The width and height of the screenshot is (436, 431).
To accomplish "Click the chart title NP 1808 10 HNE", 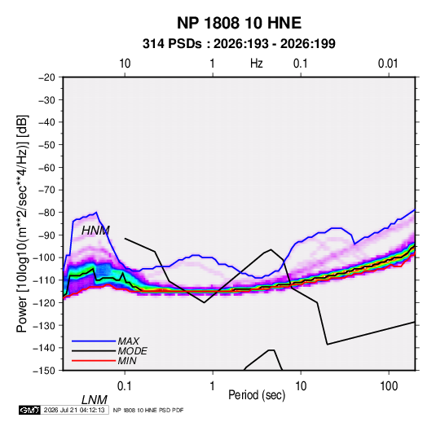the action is (x=239, y=23).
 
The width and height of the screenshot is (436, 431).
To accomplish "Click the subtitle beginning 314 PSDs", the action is (x=239, y=44).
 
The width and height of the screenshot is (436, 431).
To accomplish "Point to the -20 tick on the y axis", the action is (x=46, y=77).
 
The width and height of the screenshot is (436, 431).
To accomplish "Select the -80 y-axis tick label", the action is (x=46, y=213).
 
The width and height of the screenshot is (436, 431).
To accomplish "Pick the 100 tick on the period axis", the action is (x=389, y=386).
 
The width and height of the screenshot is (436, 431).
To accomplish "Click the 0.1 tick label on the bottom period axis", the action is (x=125, y=386).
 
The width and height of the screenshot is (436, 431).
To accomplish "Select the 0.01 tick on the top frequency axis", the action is (x=388, y=64).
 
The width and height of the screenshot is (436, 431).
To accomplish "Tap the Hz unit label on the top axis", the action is (x=257, y=64).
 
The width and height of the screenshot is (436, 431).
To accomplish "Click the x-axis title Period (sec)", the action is (x=257, y=395).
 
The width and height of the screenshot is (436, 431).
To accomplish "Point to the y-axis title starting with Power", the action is (x=22, y=224).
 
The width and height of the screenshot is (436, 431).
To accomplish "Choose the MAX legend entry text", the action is (x=129, y=341).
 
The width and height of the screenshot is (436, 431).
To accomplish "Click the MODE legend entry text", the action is (x=132, y=351).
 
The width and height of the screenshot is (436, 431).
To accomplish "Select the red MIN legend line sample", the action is (x=94, y=361).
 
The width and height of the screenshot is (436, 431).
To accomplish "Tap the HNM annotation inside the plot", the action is (x=95, y=231).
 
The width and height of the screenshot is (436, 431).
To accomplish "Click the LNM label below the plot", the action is (x=95, y=400).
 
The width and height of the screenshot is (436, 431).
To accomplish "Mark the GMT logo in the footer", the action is (x=30, y=410).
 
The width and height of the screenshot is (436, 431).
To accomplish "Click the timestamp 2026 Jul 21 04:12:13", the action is (x=74, y=410).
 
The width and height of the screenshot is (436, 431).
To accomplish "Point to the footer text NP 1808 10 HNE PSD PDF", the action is (x=148, y=410).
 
